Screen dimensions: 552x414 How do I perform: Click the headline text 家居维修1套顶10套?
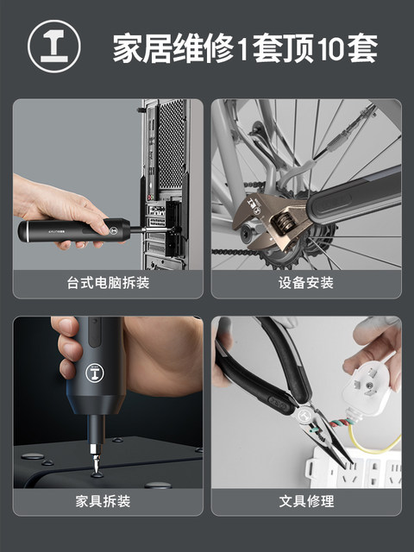click(245, 48)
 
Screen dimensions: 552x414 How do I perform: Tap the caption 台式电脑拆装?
click(108, 283)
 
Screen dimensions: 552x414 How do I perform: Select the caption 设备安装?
click(305, 283)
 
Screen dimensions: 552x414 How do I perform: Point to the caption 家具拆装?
click(108, 500)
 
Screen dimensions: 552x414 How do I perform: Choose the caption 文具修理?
click(305, 500)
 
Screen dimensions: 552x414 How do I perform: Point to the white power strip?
click(362, 473)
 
